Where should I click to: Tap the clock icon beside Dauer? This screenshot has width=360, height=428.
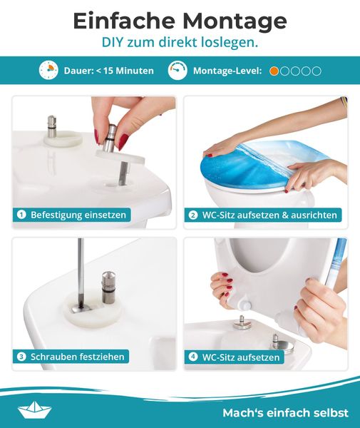click(48, 70)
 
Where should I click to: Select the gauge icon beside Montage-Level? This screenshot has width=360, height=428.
click(178, 70)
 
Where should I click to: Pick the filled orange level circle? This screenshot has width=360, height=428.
click(274, 71)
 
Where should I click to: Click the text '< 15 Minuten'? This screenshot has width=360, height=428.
click(125, 71)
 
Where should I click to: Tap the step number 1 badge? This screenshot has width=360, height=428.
click(21, 215)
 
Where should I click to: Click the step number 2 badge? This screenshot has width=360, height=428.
click(193, 215)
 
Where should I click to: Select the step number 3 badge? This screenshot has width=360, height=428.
click(21, 357)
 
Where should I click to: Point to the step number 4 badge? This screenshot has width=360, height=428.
click(193, 357)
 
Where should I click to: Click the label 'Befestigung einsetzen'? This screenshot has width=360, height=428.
click(78, 215)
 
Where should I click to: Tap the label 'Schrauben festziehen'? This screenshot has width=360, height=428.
click(78, 357)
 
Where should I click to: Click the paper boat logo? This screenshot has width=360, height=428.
click(35, 409)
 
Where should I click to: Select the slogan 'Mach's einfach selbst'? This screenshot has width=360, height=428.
click(286, 413)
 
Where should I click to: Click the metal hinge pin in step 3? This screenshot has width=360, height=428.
click(108, 287)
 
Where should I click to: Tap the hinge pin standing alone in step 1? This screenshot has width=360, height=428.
click(52, 126)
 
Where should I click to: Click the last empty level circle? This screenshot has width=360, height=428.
click(317, 71)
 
